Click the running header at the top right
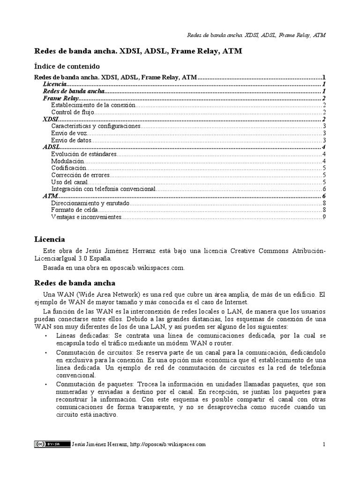(x=249, y=35)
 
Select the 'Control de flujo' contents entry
(x=73, y=112)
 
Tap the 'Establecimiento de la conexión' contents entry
(x=93, y=105)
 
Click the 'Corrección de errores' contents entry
(x=81, y=175)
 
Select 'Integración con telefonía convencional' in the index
(x=103, y=189)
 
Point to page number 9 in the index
(x=324, y=217)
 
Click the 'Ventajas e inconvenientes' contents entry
(x=86, y=217)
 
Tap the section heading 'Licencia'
(x=50, y=240)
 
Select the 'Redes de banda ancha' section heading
(x=75, y=284)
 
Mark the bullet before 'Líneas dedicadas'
(x=45, y=336)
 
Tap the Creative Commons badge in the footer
(x=46, y=444)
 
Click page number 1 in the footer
(x=324, y=444)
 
